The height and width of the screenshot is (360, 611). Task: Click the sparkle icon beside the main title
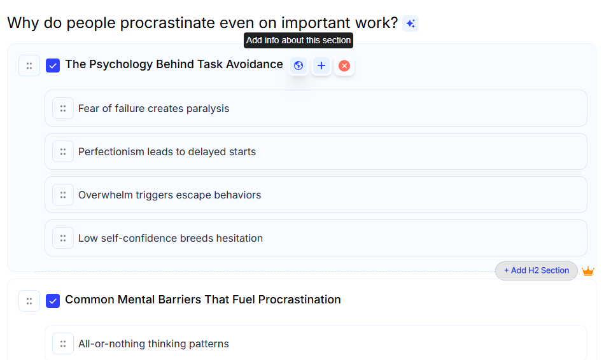coord(411,24)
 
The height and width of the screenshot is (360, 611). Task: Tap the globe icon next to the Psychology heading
coord(298,66)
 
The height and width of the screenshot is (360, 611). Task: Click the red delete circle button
coord(344,66)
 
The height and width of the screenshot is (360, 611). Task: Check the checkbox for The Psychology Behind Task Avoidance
coord(53,66)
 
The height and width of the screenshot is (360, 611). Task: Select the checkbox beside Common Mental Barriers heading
coord(53,300)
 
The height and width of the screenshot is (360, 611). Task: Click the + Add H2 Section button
coord(536,270)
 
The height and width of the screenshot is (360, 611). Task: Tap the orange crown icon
coord(588,272)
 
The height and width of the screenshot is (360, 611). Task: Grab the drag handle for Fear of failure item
coord(63,108)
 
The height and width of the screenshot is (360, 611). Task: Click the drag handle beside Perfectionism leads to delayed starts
coord(63,151)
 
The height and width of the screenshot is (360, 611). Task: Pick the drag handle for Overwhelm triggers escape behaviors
coord(63,195)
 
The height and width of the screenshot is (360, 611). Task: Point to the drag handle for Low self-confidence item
coord(63,238)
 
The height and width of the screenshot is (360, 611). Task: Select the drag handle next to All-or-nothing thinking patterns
coord(63,343)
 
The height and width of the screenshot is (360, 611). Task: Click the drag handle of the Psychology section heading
coord(29,66)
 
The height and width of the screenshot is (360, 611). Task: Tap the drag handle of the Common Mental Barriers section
coord(29,301)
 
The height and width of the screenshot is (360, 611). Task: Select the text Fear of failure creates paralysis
coord(153,108)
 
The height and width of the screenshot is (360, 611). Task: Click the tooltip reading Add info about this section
coord(298,40)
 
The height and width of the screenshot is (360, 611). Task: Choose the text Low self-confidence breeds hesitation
coord(170,238)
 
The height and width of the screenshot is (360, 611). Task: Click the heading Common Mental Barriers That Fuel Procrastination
coord(202,300)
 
